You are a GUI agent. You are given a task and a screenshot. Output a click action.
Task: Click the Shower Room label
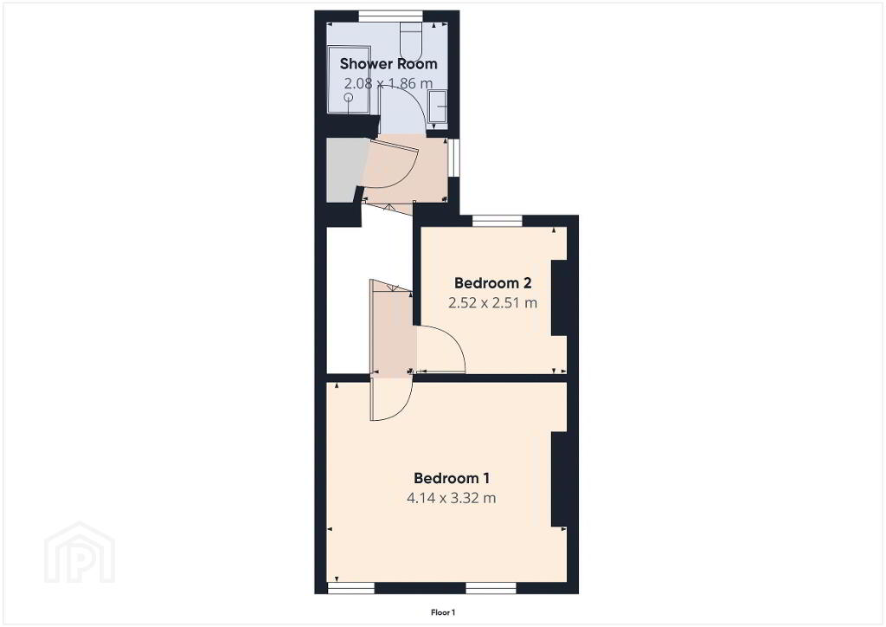click(x=388, y=64)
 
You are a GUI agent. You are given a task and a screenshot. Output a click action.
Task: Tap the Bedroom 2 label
click(x=492, y=282)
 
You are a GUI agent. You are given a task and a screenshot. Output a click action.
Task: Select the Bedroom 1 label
click(x=452, y=478)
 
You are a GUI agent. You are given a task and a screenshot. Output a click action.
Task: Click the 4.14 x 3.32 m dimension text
click(x=452, y=498)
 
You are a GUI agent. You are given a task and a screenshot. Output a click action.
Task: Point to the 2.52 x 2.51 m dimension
click(x=492, y=303)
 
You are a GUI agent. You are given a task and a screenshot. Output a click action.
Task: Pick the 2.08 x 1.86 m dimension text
click(x=388, y=84)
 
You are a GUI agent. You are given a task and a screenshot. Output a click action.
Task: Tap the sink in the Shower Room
click(x=439, y=107)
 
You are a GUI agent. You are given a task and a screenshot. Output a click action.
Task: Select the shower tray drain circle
click(x=349, y=97)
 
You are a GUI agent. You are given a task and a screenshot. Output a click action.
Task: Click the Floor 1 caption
click(x=443, y=612)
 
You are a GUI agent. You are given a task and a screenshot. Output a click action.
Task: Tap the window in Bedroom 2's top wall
click(x=498, y=221)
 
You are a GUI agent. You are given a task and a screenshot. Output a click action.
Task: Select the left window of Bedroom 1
click(x=351, y=589)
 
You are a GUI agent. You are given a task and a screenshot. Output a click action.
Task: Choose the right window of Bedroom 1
click(x=491, y=589)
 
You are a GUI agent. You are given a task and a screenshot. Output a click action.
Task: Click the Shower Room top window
click(x=391, y=16)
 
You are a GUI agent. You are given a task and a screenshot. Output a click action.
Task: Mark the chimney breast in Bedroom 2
click(x=559, y=298)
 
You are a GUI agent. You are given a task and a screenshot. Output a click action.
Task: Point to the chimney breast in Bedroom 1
click(x=559, y=480)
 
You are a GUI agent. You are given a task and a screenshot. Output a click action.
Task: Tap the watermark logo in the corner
click(x=80, y=553)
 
